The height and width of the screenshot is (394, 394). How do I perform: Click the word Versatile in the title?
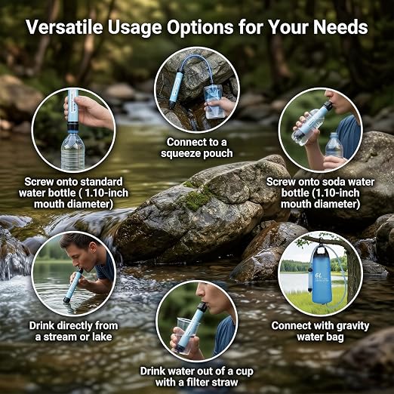pos(65,27)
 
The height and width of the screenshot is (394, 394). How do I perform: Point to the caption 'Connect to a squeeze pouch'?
pos(197,148)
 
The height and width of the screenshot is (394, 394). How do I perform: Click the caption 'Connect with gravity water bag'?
pos(320,331)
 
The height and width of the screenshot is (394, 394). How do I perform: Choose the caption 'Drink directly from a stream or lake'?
pos(73,331)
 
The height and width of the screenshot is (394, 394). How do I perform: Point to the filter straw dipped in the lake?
pos(73,286)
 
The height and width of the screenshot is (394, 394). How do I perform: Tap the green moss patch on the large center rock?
pos(195,199)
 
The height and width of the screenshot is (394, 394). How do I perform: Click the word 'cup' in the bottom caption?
pos(245,372)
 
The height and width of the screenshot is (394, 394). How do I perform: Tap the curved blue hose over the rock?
pos(199,66)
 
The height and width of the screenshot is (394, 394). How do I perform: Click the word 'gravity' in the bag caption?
pos(352,326)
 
